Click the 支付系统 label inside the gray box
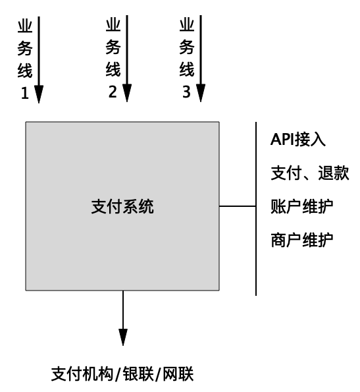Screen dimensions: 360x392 122,207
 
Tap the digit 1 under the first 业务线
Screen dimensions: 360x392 24,93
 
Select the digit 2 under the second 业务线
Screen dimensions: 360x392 113,92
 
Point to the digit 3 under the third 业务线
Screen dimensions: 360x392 186,92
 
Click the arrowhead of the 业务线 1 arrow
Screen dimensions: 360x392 39,94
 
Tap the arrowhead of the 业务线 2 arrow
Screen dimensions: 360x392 127,94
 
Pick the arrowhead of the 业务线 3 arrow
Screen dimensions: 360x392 201,94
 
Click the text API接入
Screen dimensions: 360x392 298,139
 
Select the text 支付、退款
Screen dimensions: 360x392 310,173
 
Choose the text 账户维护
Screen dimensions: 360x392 302,206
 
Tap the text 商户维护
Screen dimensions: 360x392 302,240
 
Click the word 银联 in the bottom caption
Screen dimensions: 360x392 138,374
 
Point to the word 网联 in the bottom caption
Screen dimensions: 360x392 178,374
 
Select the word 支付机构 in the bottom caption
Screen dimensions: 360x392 82,374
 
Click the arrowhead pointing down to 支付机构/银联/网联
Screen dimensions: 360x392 123,337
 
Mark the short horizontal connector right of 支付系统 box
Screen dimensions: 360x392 238,206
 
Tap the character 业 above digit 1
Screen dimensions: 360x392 25,26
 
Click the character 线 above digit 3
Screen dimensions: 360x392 187,69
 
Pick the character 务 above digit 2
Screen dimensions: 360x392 113,47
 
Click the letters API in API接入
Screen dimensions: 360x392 282,139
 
